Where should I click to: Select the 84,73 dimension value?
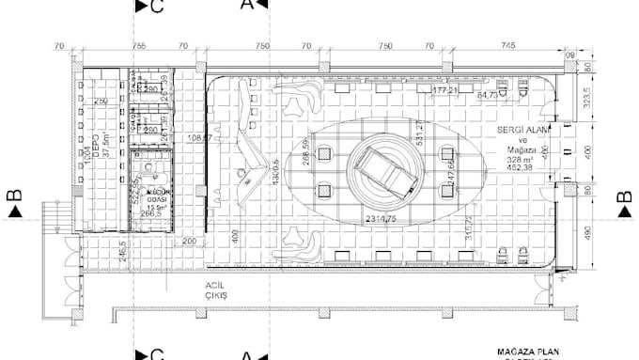pyautogui.click(x=489, y=95)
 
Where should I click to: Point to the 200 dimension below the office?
pyautogui.click(x=190, y=241)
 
